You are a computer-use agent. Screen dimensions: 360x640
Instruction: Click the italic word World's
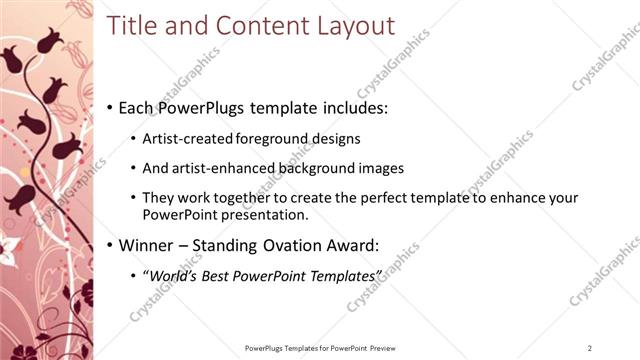[x=170, y=274]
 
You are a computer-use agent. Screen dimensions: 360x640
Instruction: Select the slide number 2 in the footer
[x=590, y=347]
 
